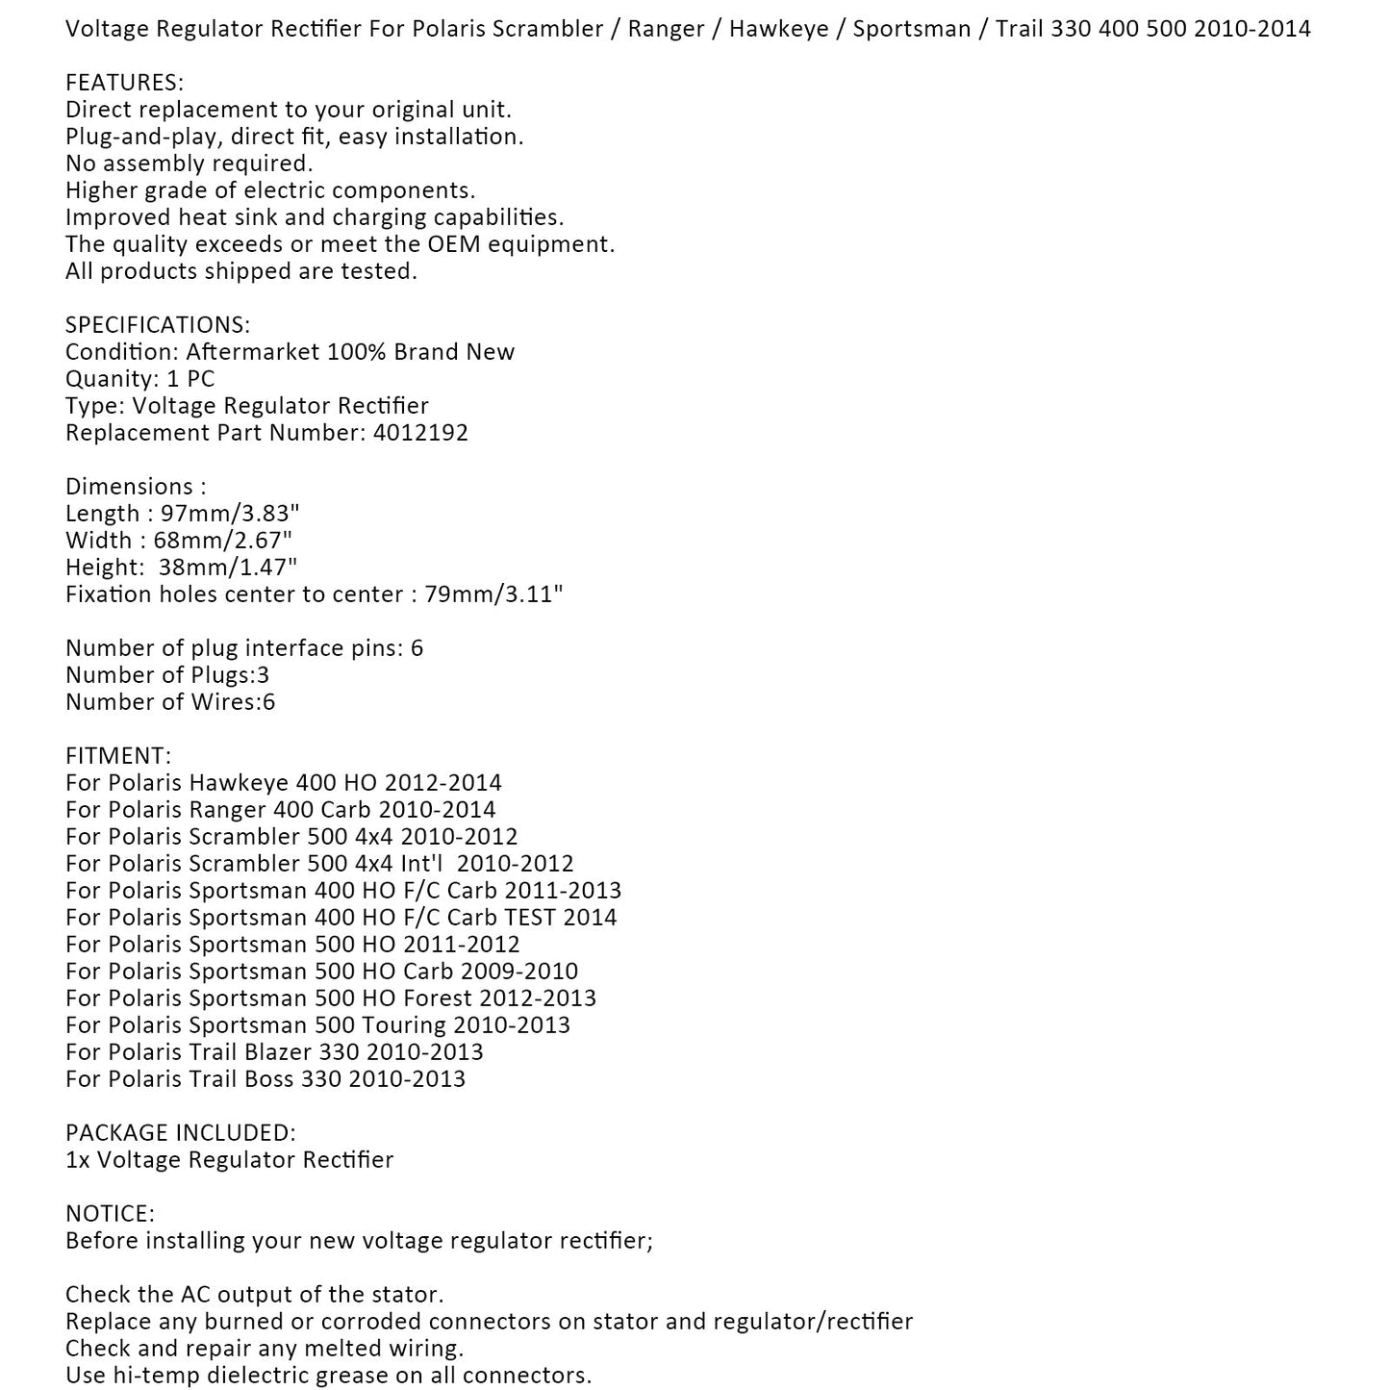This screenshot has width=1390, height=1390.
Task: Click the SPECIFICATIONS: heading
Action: pyautogui.click(x=158, y=325)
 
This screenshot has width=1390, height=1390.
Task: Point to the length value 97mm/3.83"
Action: pyautogui.click(x=224, y=514)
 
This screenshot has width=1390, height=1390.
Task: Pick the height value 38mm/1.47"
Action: pyautogui.click(x=228, y=568)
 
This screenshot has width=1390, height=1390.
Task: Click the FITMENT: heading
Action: pyautogui.click(x=118, y=756)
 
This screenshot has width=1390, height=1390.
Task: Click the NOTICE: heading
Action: pyautogui.click(x=110, y=1214)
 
